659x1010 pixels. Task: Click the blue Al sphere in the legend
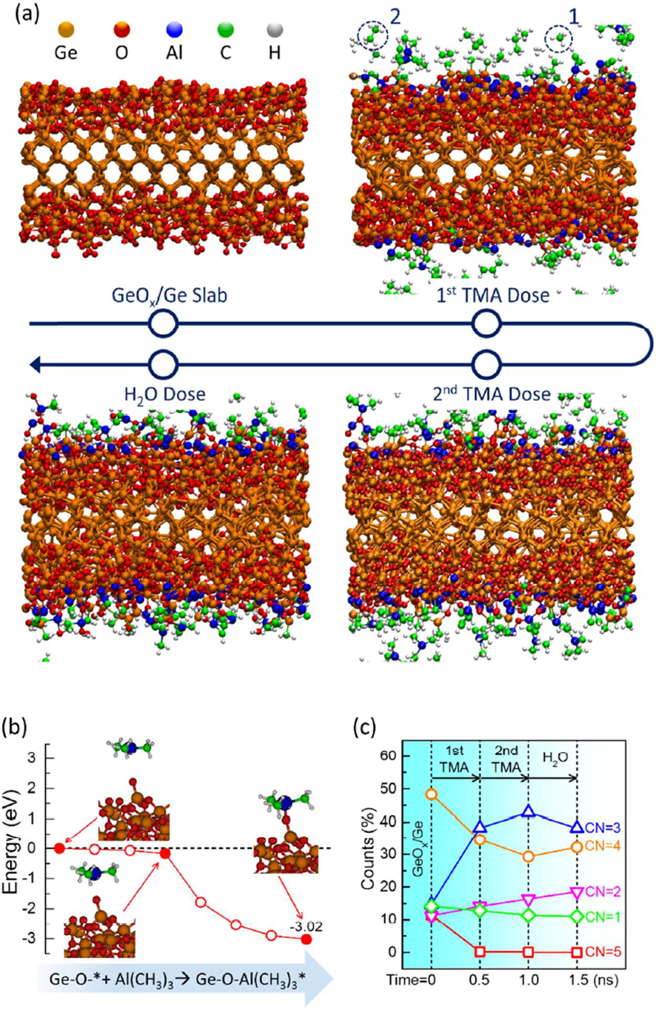174,30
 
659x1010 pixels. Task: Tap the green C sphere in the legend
225,30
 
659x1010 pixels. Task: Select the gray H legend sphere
275,30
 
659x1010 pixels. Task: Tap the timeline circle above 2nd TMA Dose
486,364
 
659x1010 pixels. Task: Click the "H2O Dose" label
165,394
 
